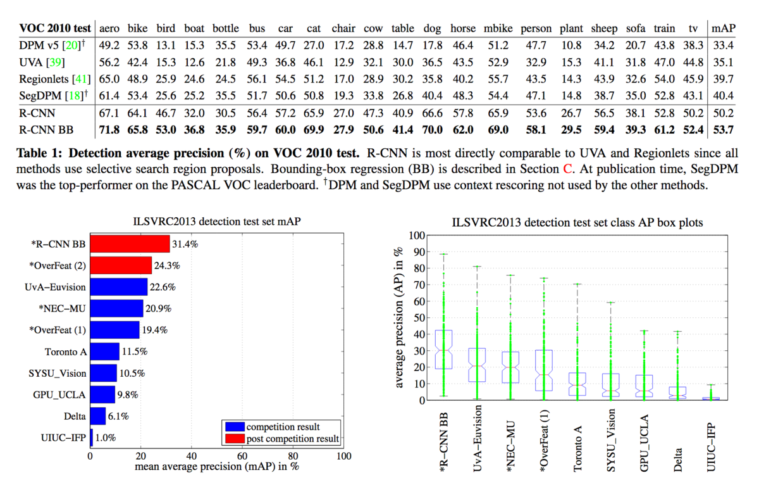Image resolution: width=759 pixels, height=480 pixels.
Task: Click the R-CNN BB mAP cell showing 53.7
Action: click(721, 129)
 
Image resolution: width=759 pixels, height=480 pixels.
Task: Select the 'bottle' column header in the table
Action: click(225, 28)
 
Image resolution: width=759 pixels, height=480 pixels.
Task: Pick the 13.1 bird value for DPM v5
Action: click(166, 46)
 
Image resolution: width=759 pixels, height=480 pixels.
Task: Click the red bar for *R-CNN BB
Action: click(130, 244)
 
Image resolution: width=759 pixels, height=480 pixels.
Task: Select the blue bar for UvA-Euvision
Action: click(119, 287)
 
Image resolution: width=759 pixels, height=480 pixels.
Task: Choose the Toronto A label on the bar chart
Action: click(66, 351)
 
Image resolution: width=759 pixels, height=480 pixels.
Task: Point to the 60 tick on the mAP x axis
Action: click(242, 455)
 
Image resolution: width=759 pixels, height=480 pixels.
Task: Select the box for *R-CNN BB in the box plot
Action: click(444, 349)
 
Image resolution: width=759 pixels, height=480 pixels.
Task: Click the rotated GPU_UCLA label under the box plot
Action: click(645, 436)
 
